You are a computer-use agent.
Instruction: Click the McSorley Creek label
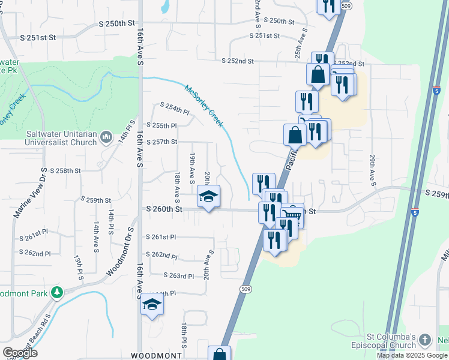[204, 106]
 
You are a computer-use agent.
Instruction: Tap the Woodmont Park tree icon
[57, 292]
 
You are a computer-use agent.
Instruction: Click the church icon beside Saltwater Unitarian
[106, 137]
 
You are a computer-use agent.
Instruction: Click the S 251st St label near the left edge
[38, 37]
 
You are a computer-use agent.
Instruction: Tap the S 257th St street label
[162, 142]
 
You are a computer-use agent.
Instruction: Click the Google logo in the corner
[19, 353]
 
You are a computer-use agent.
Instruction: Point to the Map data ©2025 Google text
[412, 355]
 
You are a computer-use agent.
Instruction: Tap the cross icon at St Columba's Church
[425, 340]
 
